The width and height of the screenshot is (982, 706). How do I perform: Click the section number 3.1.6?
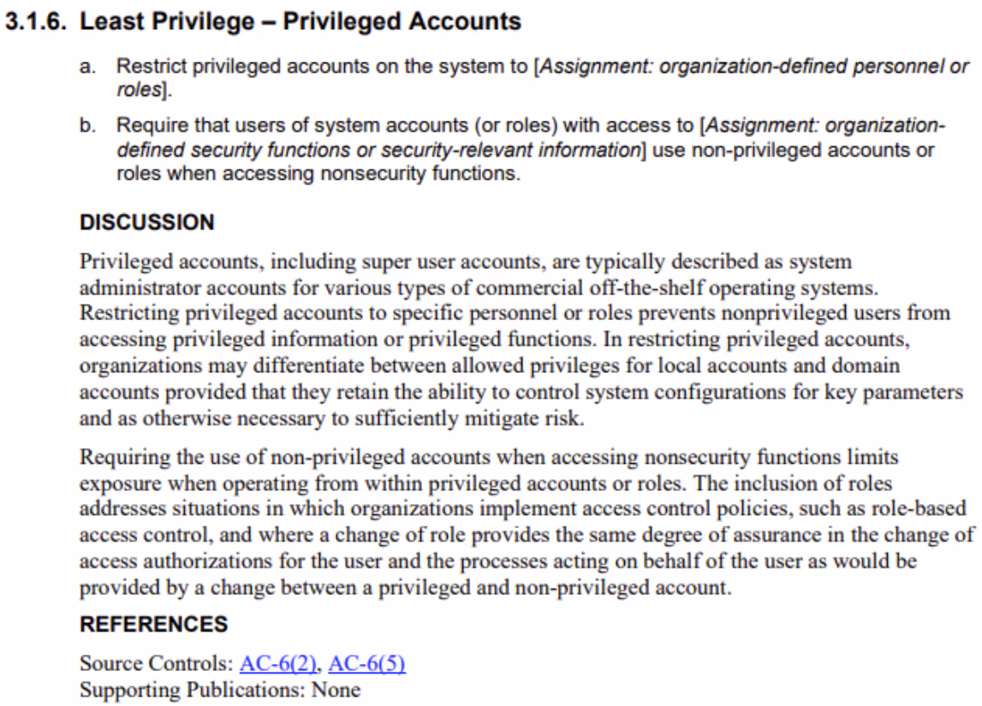pyautogui.click(x=37, y=21)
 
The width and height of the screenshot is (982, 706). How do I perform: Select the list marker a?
pyautogui.click(x=87, y=67)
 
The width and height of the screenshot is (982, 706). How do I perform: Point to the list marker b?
pyautogui.click(x=87, y=126)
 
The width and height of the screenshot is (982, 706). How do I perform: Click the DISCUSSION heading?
pyautogui.click(x=146, y=222)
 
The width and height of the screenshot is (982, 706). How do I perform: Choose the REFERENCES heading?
pyautogui.click(x=153, y=625)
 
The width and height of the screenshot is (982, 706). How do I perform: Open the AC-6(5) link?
pyautogui.click(x=366, y=663)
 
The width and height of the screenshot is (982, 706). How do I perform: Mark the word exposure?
pyautogui.click(x=120, y=484)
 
